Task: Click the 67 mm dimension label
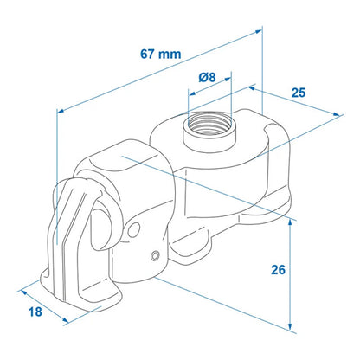(161, 54)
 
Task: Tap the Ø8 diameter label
(207, 77)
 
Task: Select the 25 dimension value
(299, 93)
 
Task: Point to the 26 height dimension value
(278, 270)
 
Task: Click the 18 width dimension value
(35, 312)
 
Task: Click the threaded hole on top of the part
(209, 124)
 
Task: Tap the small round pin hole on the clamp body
(156, 255)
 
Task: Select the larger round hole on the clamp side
(133, 230)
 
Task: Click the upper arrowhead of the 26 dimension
(290, 222)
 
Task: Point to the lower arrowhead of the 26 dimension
(290, 326)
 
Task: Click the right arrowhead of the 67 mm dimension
(257, 31)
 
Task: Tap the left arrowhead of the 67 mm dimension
(61, 110)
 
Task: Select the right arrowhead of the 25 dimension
(337, 114)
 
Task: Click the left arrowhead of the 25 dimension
(252, 88)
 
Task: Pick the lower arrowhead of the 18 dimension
(65, 320)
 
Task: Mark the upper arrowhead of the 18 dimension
(24, 292)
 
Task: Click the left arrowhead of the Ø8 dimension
(192, 93)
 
